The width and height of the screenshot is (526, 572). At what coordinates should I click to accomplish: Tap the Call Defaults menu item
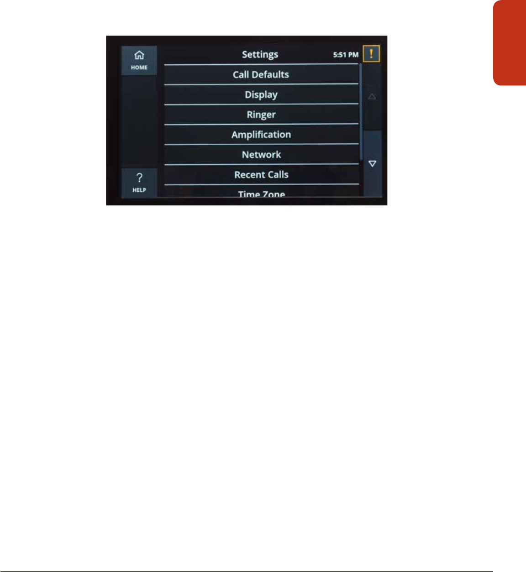coord(261,74)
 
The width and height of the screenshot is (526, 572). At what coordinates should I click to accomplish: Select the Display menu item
coord(261,94)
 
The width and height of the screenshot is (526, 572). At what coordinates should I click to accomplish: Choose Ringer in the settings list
coord(261,115)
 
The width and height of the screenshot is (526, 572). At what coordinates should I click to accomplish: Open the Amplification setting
coord(261,135)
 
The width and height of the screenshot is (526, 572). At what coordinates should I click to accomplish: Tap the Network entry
coord(261,155)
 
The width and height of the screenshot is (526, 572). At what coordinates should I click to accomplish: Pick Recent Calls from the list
coord(261,175)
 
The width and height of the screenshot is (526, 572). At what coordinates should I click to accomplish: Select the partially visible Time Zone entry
coord(261,194)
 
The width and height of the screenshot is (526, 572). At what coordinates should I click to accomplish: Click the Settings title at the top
coord(260,54)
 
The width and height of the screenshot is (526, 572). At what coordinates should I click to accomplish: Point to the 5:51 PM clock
coord(346,55)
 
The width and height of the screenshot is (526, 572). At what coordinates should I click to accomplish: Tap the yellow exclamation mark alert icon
coord(371,54)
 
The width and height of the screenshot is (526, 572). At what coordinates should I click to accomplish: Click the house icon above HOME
coord(139,55)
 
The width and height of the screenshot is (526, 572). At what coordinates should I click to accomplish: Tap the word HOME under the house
coord(139,68)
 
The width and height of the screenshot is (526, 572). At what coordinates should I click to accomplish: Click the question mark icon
coord(139,178)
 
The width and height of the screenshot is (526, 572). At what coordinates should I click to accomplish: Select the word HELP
coord(139,190)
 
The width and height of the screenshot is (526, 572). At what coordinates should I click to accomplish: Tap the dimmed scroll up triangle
coord(372,96)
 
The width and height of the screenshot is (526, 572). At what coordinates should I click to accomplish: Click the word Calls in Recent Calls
coord(278,175)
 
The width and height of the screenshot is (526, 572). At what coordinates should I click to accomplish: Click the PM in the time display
coord(353,55)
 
